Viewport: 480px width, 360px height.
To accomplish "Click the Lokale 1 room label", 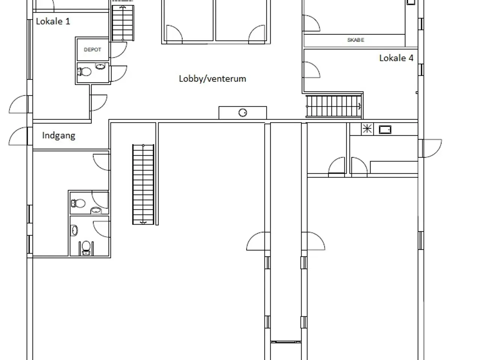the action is pyautogui.click(x=53, y=21).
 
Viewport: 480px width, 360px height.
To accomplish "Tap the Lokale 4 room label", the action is pyautogui.click(x=396, y=58).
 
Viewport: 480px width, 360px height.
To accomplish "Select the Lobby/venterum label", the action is pyautogui.click(x=212, y=79).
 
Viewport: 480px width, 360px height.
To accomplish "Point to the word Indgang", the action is pyautogui.click(x=58, y=135).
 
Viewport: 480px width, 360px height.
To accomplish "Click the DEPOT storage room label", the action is pyautogui.click(x=93, y=49).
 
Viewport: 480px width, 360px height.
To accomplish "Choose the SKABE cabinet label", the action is pyautogui.click(x=356, y=40).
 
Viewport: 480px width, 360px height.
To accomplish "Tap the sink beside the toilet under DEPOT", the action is pyautogui.click(x=100, y=66).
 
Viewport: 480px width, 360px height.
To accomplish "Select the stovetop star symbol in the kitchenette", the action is pyautogui.click(x=367, y=129).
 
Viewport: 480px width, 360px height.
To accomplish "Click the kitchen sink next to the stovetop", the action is pyautogui.click(x=385, y=129).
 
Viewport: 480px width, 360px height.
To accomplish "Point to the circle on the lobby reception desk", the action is pyautogui.click(x=243, y=113).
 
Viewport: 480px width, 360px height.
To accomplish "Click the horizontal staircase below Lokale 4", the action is pyautogui.click(x=334, y=106).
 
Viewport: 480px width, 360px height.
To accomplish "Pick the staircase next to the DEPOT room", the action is pyautogui.click(x=123, y=23).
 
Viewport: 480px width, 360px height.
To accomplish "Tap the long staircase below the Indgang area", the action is pyautogui.click(x=143, y=184).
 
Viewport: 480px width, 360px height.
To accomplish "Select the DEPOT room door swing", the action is pyautogui.click(x=118, y=50).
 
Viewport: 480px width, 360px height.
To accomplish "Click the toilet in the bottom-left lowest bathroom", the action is pyautogui.click(x=86, y=248).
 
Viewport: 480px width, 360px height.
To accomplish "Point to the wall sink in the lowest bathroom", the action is pyautogui.click(x=74, y=230).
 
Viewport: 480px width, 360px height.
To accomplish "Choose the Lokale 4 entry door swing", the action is pyautogui.click(x=312, y=70).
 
